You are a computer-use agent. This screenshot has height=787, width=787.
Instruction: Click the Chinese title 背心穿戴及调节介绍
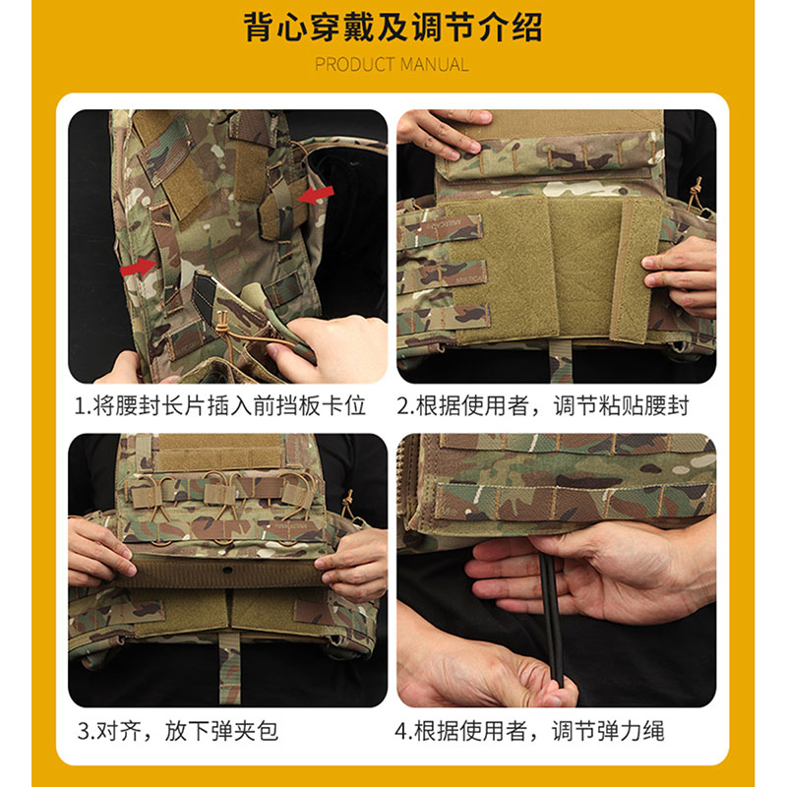(x=393, y=27)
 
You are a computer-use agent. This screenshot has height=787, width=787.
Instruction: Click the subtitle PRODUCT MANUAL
(x=393, y=65)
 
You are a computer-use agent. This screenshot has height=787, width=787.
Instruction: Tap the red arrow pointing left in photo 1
(x=317, y=196)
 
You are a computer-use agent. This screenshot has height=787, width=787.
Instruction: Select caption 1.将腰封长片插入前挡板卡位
(x=227, y=405)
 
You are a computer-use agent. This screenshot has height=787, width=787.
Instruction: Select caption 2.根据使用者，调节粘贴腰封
(x=557, y=405)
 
